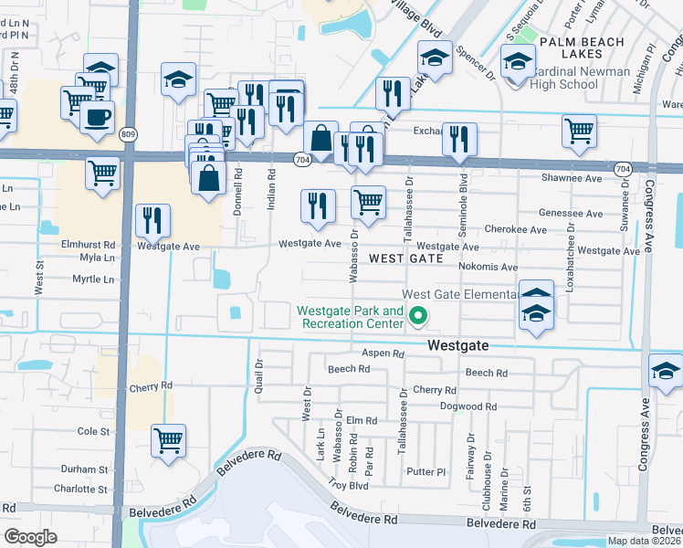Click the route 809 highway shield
point(127,135)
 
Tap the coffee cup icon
point(97,117)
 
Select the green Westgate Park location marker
point(419,317)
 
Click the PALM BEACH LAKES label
point(582,42)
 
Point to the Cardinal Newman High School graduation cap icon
point(518,62)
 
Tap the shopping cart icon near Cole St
point(169,441)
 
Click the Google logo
point(30,536)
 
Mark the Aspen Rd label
point(383,353)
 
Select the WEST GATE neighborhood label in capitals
point(405,259)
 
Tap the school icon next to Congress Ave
point(666,372)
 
